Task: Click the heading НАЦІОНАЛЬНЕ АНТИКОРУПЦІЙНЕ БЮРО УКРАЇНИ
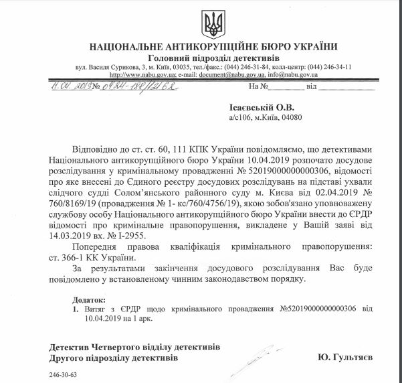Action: (x=213, y=46)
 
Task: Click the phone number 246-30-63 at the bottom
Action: (x=64, y=376)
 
